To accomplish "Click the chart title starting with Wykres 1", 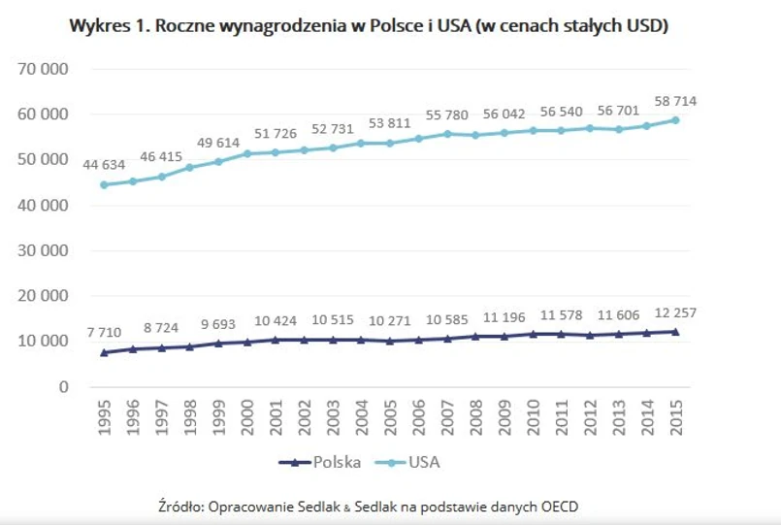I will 369,26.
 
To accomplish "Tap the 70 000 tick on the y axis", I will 40,69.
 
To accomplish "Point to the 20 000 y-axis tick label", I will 40,295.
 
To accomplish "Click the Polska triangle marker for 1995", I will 104,352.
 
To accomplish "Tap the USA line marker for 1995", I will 104,184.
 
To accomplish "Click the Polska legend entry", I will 320,462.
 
